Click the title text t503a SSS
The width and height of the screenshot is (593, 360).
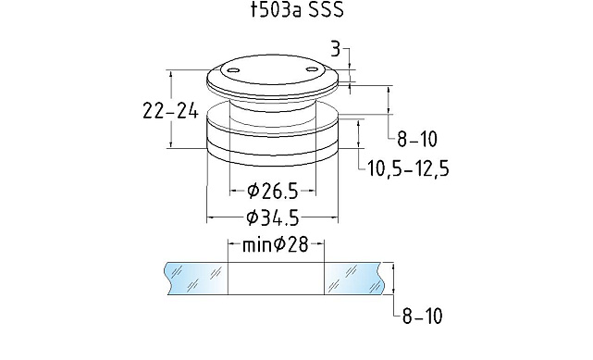298,10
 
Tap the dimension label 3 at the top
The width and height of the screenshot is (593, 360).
336,50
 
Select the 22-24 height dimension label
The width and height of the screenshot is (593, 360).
170,112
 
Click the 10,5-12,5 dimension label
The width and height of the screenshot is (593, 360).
409,168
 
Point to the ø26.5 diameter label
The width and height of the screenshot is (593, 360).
273,191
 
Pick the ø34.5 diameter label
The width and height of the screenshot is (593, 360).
273,218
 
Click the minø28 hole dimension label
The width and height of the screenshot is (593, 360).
276,244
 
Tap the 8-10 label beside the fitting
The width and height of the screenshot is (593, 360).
417,140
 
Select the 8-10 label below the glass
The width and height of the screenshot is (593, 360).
422,317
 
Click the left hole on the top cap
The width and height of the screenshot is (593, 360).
233,70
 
